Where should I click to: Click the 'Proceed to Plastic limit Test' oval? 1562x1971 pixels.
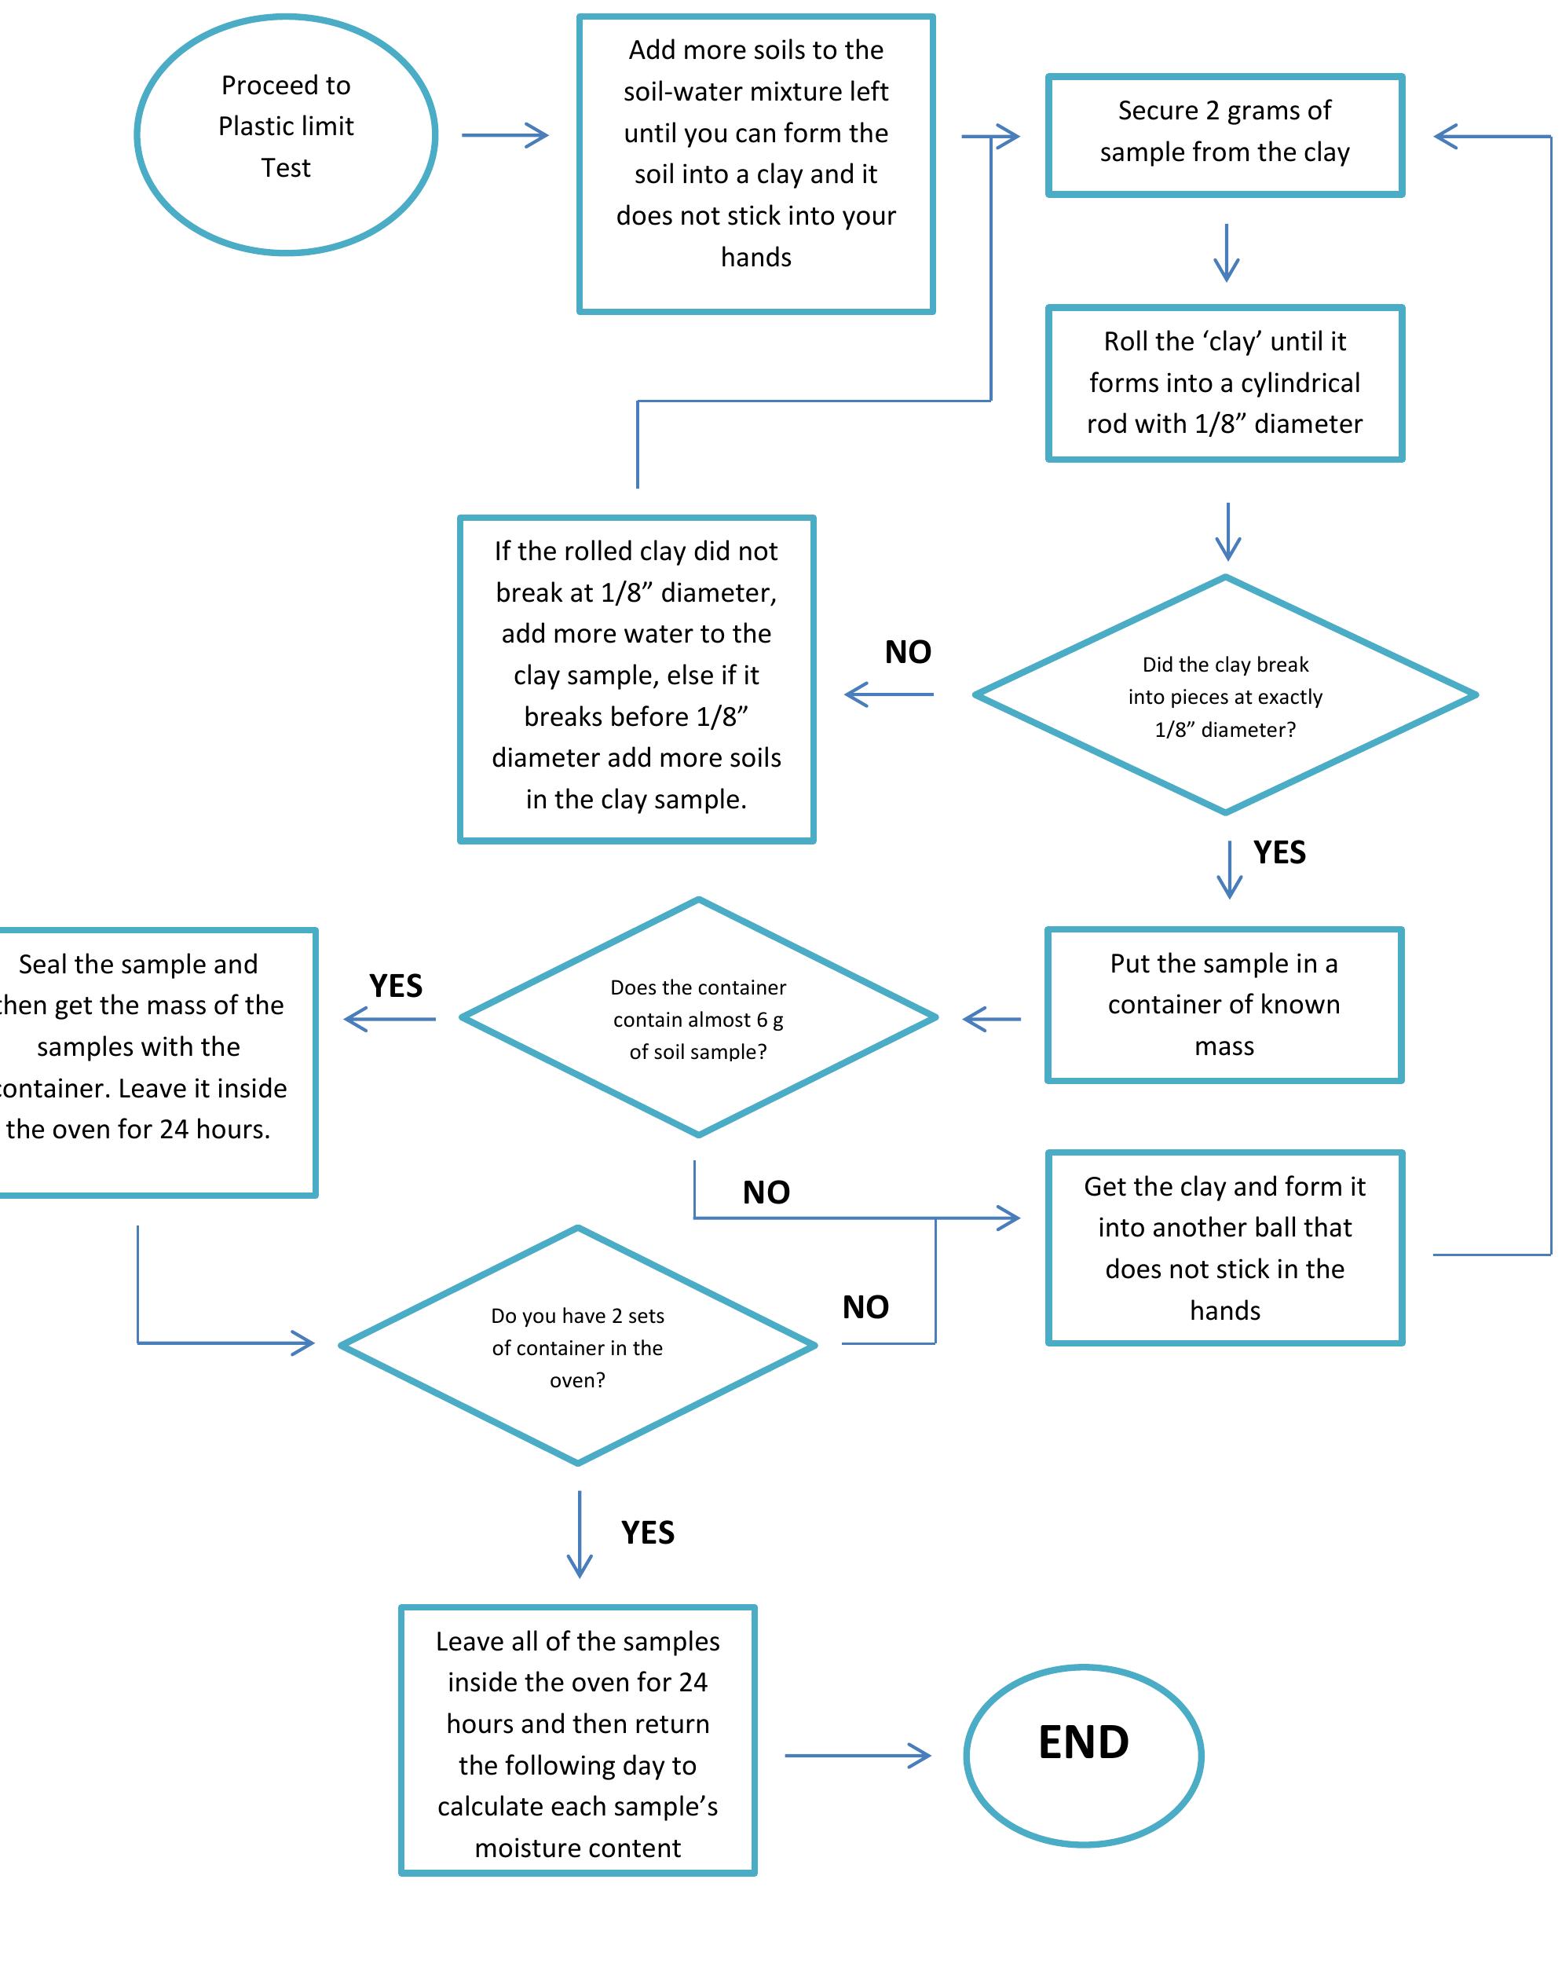[286, 134]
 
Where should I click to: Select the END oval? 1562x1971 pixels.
[1083, 1754]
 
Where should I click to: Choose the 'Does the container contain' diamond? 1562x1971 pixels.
[698, 1017]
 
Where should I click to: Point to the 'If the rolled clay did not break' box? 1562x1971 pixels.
[636, 678]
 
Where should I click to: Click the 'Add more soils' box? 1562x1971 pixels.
[755, 163]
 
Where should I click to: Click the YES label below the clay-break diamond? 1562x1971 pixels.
[1278, 852]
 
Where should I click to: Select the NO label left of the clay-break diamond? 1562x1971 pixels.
[908, 652]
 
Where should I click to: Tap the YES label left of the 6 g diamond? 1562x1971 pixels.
[396, 985]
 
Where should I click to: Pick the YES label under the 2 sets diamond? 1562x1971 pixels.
[647, 1532]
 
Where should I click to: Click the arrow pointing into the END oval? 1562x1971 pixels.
[857, 1755]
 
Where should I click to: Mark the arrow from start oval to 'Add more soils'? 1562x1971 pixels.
[504, 135]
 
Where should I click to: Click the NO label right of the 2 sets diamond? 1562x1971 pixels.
[865, 1306]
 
